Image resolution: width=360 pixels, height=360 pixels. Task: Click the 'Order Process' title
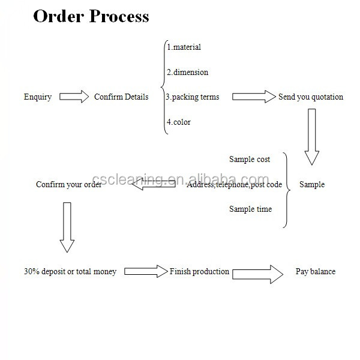pos(91,16)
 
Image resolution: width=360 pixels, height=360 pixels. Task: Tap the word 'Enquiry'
pos(38,97)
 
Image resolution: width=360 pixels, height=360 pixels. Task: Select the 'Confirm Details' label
pos(121,97)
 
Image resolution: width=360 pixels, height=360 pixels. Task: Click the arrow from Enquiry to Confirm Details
pos(74,97)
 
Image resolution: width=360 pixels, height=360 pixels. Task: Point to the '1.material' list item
pos(184,47)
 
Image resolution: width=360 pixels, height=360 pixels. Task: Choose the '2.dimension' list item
pos(187,72)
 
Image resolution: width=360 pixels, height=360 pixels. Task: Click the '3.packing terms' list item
pos(193,97)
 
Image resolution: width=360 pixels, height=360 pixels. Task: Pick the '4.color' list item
pos(179,122)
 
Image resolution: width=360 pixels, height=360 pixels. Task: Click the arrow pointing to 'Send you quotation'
pos(253,97)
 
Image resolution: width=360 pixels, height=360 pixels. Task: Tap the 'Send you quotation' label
pos(311,97)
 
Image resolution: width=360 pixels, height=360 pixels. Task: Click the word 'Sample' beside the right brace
pos(312,184)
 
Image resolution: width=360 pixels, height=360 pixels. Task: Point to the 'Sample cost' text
pos(250,159)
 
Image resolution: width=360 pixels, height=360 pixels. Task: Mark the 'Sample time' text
pos(250,209)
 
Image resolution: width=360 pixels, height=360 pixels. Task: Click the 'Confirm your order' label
pos(68,184)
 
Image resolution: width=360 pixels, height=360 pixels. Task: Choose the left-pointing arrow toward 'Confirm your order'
pos(154,185)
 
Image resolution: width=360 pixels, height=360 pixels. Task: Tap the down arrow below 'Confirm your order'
pos(67,227)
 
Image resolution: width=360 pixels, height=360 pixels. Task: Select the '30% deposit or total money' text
pos(70,271)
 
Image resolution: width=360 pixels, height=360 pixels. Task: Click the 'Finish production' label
pos(199,271)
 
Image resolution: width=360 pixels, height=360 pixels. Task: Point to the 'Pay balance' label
pos(316,271)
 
